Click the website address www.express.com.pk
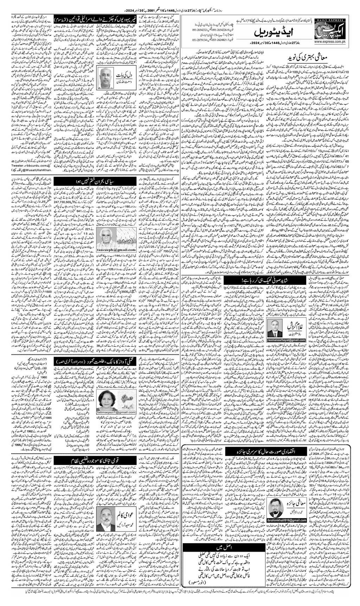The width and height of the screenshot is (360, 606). click(x=335, y=42)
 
